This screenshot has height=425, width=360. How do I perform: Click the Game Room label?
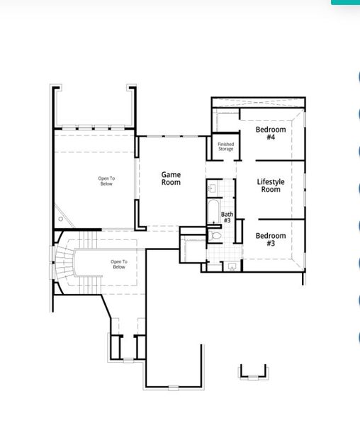click(171, 178)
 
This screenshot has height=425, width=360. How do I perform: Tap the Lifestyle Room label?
click(271, 186)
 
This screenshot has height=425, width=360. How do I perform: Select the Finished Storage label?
click(225, 147)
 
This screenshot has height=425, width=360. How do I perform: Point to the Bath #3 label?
click(227, 217)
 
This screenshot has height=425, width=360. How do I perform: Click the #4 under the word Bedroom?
click(271, 137)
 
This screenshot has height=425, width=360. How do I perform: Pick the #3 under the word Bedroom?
click(271, 244)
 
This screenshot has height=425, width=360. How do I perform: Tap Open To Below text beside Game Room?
click(106, 181)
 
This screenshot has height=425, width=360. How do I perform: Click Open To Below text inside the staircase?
click(118, 264)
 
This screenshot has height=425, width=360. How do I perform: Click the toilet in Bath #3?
click(217, 235)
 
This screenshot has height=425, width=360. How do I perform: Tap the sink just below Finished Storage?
click(213, 189)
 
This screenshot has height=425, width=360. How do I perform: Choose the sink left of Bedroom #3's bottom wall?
click(232, 266)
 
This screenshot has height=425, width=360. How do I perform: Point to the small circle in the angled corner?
click(61, 219)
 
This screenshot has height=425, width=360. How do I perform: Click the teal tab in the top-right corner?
click(345, 2)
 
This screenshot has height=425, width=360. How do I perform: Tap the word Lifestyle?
click(271, 182)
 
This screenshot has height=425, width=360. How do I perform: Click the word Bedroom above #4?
click(271, 130)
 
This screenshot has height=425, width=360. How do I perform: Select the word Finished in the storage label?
click(225, 144)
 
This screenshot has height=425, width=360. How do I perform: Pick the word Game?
click(171, 174)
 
